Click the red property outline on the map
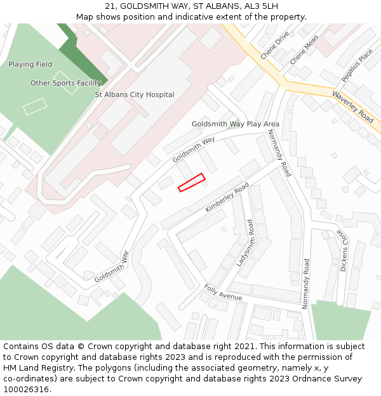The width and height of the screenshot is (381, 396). click(x=191, y=182)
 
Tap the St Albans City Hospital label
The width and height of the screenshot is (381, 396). click(x=135, y=94)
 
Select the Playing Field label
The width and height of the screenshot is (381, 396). click(x=30, y=65)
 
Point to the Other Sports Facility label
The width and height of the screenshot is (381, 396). click(x=66, y=83)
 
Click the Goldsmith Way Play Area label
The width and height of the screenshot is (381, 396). click(x=236, y=124)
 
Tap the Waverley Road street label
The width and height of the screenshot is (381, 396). click(x=352, y=106)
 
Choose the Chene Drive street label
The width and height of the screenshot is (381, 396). click(x=274, y=44)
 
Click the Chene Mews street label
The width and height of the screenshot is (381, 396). click(x=304, y=49)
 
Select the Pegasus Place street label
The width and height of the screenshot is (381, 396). click(x=357, y=65)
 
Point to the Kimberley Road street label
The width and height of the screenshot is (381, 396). click(x=227, y=198)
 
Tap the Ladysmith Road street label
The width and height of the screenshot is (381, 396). click(x=244, y=243)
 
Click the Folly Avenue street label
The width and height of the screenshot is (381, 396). click(x=223, y=293)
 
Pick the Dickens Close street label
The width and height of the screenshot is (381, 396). click(x=344, y=251)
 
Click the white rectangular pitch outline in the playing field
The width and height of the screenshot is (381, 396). click(x=35, y=106)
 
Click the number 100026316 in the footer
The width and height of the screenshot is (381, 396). click(x=26, y=389)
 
